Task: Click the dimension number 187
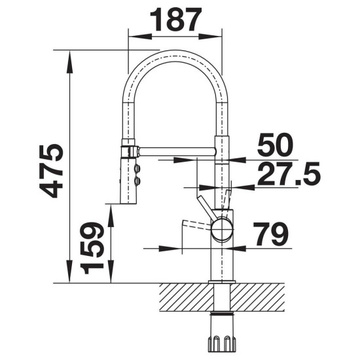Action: [x=175, y=20]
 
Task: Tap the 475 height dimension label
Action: [x=51, y=171]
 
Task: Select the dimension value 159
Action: [x=92, y=248]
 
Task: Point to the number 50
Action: [x=275, y=145]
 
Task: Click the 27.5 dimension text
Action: [x=289, y=173]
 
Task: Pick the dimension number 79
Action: [x=270, y=234]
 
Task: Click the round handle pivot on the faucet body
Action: [x=221, y=229]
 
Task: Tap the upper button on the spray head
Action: [x=137, y=168]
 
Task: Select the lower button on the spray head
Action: [x=137, y=181]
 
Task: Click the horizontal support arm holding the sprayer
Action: [x=177, y=152]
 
